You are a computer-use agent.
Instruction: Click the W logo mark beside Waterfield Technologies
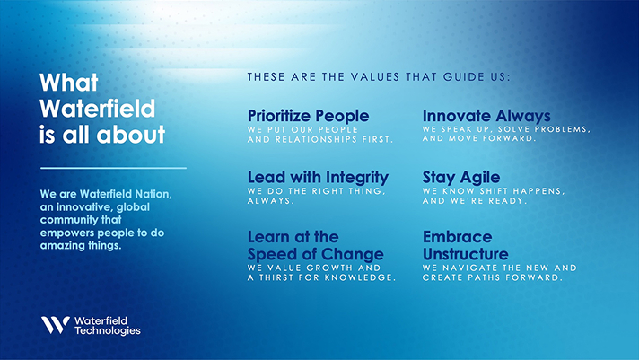pyautogui.click(x=56, y=325)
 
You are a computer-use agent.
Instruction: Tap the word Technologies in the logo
pyautogui.click(x=108, y=330)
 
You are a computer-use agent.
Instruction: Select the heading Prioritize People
pyautogui.click(x=308, y=116)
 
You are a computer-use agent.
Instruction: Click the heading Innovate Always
pyautogui.click(x=486, y=116)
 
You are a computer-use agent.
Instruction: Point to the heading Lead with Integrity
pyautogui.click(x=318, y=178)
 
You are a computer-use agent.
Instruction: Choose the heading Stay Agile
pyautogui.click(x=461, y=178)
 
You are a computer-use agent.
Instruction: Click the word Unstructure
pyautogui.click(x=466, y=254)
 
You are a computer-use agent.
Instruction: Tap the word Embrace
pyautogui.click(x=457, y=237)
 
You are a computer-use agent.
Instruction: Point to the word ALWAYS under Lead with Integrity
pyautogui.click(x=271, y=200)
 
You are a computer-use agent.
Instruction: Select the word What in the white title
pyautogui.click(x=69, y=83)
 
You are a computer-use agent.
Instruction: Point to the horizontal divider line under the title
pyautogui.click(x=113, y=168)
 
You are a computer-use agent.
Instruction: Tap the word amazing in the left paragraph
pyautogui.click(x=57, y=246)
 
